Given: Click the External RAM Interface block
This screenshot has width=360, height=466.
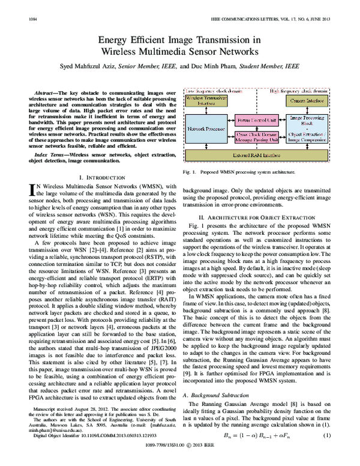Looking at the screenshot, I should pos(259,155).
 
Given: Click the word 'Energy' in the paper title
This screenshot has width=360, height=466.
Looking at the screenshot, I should pos(104,39).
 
